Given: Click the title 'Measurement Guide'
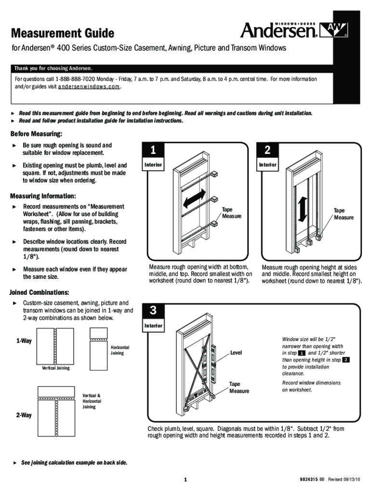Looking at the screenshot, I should pos(63,33).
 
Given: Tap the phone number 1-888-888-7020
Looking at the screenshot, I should pos(75,79).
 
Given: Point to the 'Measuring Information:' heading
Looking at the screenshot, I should pos(43,196).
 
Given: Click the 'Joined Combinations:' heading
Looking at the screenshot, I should pos(40,292).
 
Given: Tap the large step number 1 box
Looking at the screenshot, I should pos(153,151).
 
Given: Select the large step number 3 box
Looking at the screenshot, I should pos(153,311).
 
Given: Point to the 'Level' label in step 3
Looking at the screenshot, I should pos(236,353).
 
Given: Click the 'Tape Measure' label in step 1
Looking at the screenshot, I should pos(231,213).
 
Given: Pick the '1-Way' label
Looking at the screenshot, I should pos(24,341).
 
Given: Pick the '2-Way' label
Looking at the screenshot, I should pos(23,415).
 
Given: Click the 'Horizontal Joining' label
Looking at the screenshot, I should pos(120,350).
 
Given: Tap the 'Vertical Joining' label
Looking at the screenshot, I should pos(56,368).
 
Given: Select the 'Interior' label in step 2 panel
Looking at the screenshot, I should pos(267,165).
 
